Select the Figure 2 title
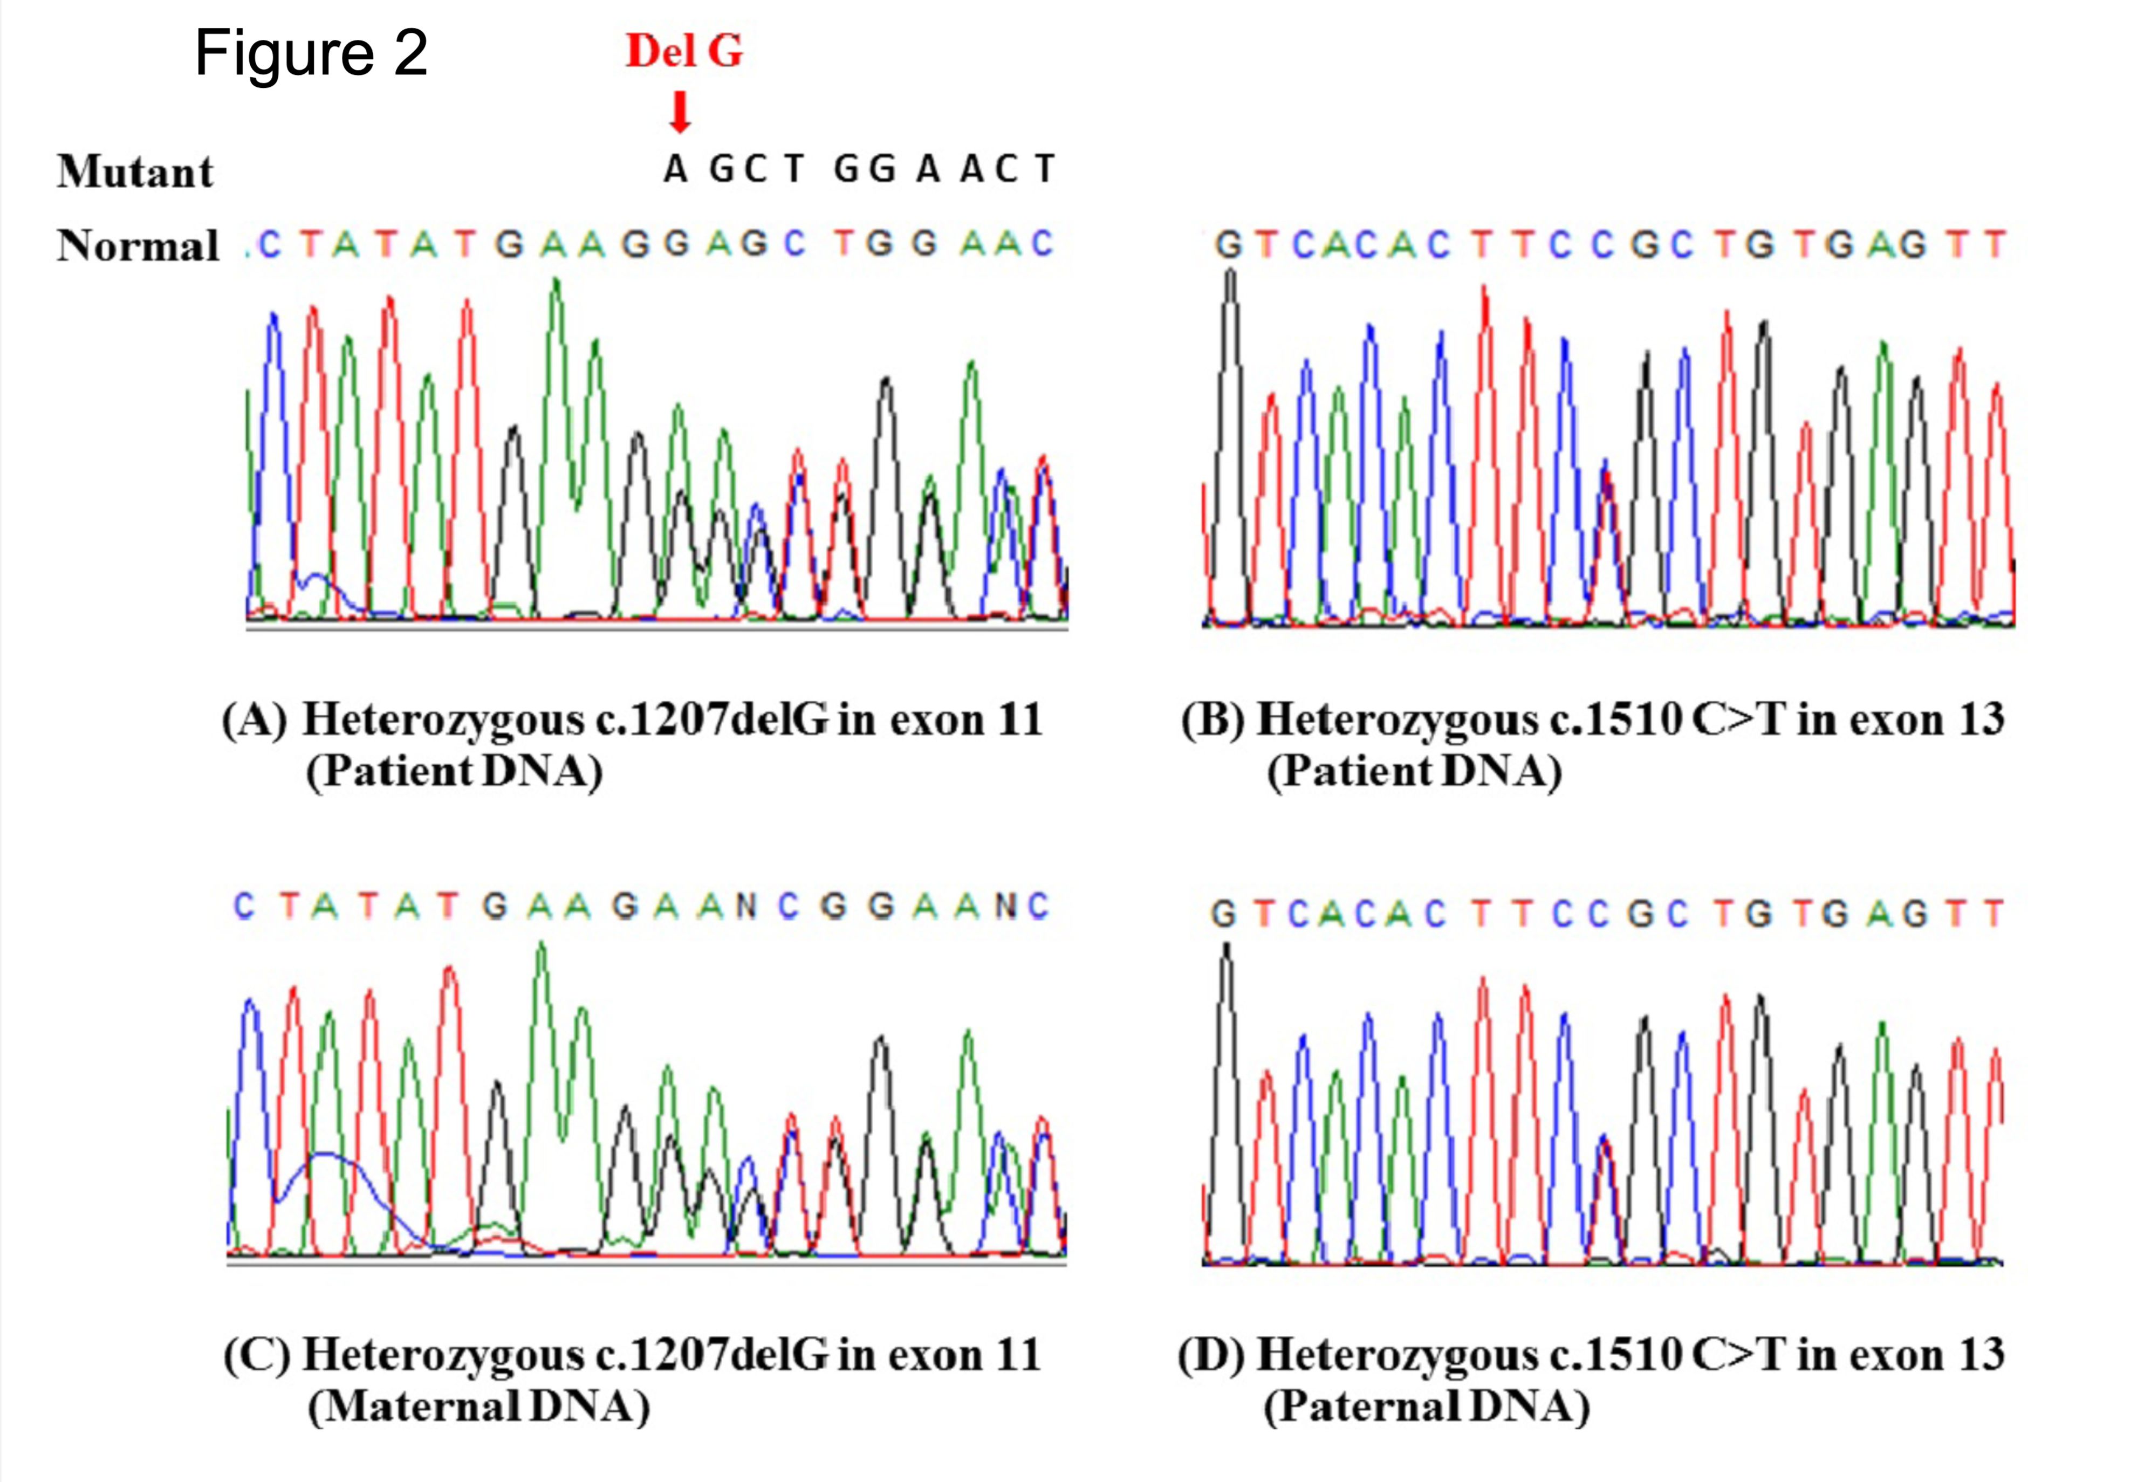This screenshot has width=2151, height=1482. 311,53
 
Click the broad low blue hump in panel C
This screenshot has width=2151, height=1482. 325,1161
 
